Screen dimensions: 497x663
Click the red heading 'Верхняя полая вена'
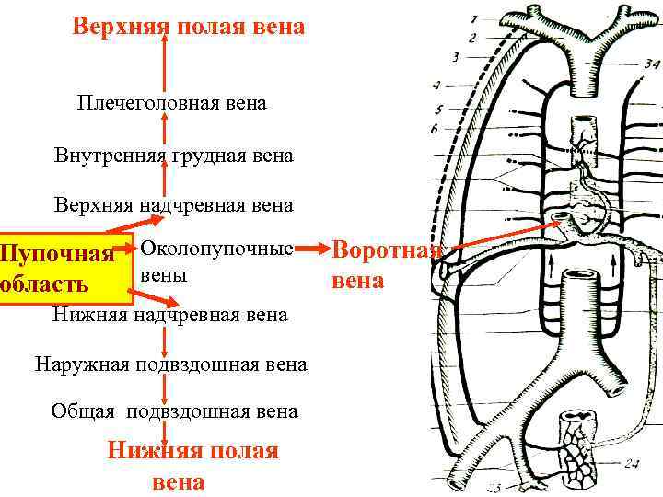pyautogui.click(x=188, y=27)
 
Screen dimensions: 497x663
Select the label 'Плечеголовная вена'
pyautogui.click(x=172, y=103)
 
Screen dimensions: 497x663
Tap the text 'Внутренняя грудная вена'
pyautogui.click(x=173, y=156)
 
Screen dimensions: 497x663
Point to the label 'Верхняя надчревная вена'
pyautogui.click(x=173, y=204)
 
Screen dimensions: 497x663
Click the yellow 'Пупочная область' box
pyautogui.click(x=64, y=267)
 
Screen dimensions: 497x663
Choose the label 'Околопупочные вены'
pyautogui.click(x=217, y=261)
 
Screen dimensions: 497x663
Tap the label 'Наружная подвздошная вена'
pyautogui.click(x=171, y=364)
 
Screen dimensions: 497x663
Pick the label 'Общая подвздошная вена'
pyautogui.click(x=174, y=411)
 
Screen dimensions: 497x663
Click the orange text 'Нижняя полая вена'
pyautogui.click(x=192, y=465)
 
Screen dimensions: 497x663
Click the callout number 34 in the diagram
pyautogui.click(x=652, y=64)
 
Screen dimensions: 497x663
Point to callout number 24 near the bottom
pyautogui.click(x=632, y=463)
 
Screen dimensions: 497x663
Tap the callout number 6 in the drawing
pyautogui.click(x=434, y=130)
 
